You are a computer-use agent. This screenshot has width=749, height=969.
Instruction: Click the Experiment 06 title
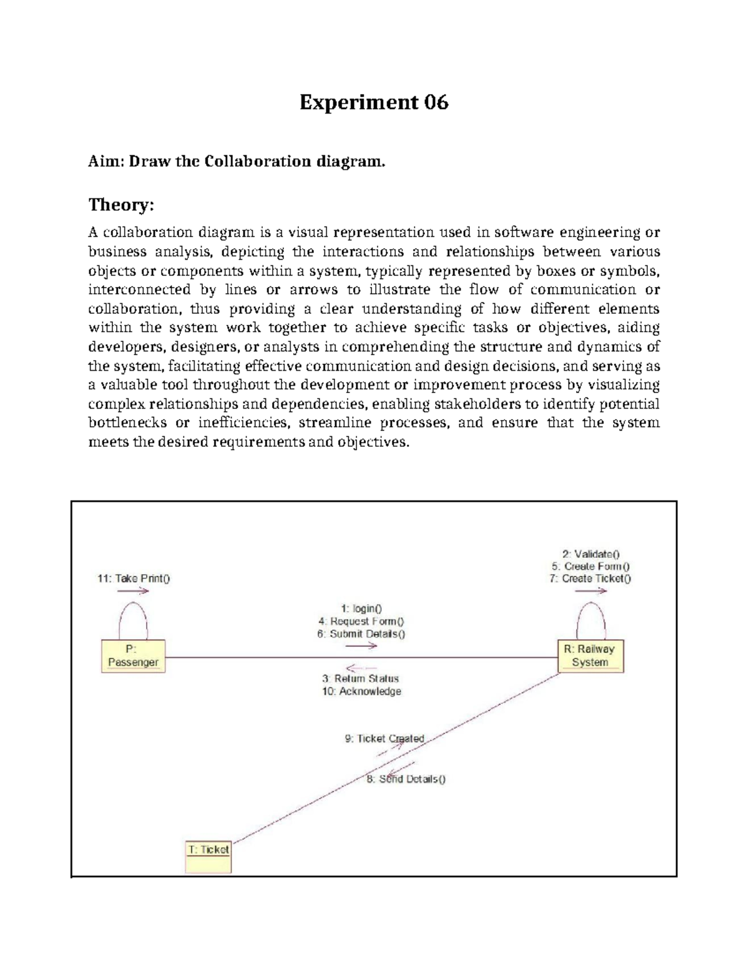(374, 102)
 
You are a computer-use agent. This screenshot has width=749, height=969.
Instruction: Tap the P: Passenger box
(134, 656)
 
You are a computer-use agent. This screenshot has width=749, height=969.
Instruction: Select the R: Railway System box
(590, 656)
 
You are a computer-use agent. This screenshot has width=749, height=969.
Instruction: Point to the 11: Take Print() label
(134, 578)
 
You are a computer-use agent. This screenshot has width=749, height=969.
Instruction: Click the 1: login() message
(361, 608)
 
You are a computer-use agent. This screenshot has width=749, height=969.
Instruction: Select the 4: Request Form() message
(361, 621)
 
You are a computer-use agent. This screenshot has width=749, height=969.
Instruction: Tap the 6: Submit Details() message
(361, 634)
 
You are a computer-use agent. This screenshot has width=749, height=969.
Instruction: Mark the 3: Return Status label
(361, 678)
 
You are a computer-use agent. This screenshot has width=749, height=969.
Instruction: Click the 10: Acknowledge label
(361, 691)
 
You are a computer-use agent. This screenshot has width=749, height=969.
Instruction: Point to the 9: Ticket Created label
(384, 739)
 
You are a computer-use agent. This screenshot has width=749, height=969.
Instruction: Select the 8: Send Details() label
(406, 779)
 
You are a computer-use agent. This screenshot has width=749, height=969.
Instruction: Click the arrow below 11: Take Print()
(133, 591)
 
